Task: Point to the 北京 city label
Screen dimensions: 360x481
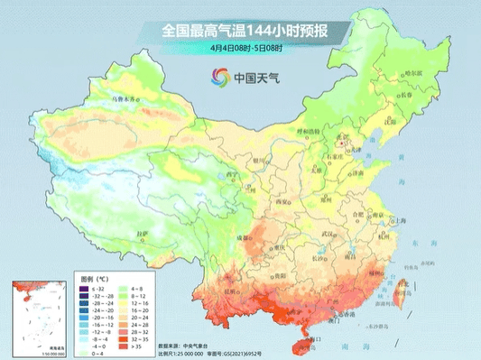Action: coord(341,138)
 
